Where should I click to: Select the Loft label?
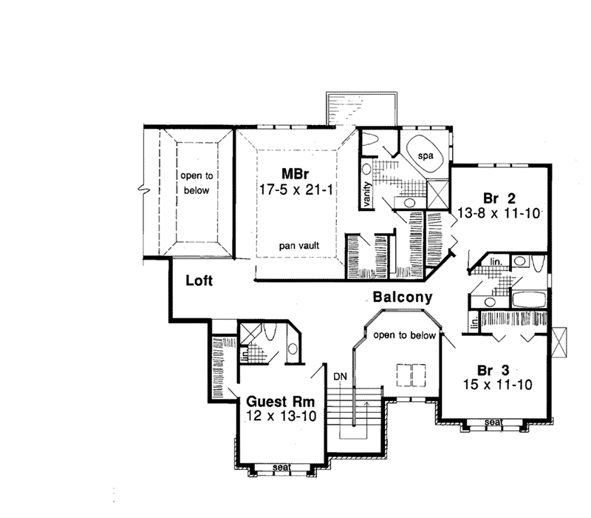click(199, 280)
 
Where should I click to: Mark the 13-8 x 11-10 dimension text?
click(499, 213)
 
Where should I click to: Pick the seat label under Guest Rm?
click(281, 468)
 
